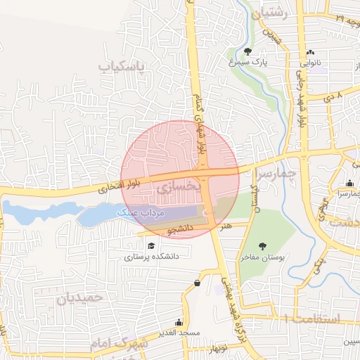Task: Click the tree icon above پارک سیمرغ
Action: pyautogui.click(x=248, y=51)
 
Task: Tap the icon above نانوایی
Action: pyautogui.click(x=311, y=52)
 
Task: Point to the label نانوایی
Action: pyautogui.click(x=311, y=62)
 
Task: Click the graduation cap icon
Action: pyautogui.click(x=152, y=245)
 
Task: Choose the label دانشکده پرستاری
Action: pyautogui.click(x=152, y=257)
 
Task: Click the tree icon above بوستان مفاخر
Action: pyautogui.click(x=262, y=246)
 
